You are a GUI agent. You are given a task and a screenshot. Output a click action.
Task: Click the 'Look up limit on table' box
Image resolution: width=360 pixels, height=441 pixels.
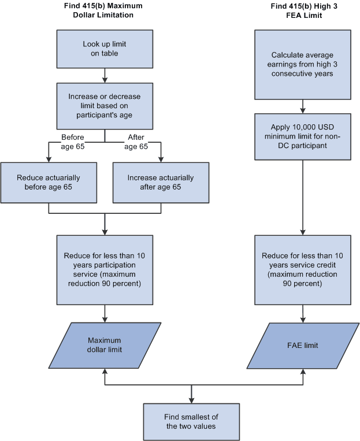click(104, 49)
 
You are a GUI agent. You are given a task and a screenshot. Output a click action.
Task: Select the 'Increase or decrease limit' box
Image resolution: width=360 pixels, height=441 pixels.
click(104, 105)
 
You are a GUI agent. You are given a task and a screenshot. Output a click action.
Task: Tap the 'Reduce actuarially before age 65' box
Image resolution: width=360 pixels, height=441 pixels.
click(48, 182)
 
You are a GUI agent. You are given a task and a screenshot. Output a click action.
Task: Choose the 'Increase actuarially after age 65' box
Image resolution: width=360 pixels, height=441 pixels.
click(161, 182)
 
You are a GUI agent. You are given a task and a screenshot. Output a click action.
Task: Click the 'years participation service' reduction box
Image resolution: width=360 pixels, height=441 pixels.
click(104, 269)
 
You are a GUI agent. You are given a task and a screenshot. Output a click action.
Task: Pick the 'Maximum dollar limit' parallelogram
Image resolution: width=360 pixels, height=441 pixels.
click(104, 345)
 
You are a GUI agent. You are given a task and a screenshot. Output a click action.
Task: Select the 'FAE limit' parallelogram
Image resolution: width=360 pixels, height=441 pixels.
click(303, 345)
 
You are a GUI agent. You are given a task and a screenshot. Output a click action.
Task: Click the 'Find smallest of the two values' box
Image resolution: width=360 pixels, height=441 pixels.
click(191, 421)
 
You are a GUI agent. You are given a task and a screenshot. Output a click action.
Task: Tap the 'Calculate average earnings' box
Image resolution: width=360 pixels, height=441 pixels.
click(303, 64)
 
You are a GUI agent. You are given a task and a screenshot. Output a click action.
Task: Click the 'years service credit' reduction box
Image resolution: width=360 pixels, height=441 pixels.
click(303, 269)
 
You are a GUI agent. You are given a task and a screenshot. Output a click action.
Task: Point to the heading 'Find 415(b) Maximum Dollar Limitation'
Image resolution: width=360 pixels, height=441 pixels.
click(104, 10)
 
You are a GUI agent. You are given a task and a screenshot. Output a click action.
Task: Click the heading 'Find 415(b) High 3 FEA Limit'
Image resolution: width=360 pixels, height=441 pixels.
click(303, 10)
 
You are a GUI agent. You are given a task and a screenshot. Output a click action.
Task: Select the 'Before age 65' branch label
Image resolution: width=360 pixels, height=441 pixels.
click(72, 142)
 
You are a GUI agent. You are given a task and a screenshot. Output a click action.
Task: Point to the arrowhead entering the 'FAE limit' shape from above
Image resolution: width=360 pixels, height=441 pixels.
click(303, 319)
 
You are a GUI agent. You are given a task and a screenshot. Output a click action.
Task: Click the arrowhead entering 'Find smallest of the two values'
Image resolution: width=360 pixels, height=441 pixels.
click(191, 400)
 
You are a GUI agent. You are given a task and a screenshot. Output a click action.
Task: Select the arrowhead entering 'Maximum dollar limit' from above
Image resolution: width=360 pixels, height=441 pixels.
click(104, 319)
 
